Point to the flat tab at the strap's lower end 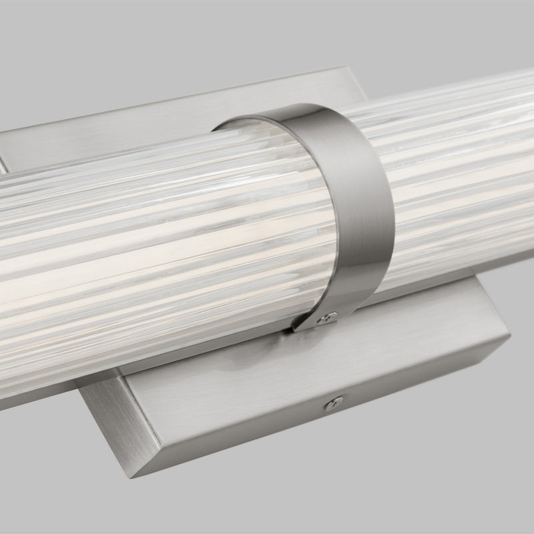click(314, 322)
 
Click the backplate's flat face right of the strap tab click(414, 334)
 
